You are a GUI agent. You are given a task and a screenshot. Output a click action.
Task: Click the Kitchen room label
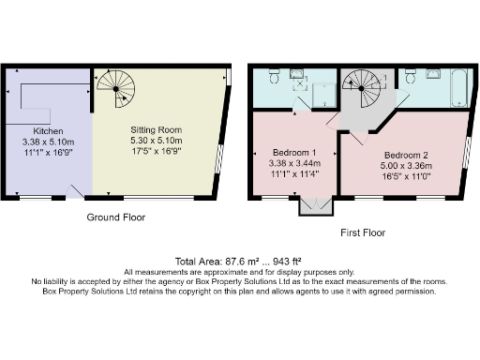coord(48,130)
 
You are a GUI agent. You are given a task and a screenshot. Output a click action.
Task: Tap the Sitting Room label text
coord(155,129)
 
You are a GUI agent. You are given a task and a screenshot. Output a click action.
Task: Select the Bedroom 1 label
coord(293,152)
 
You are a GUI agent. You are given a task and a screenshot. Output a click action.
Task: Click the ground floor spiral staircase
coord(114,90)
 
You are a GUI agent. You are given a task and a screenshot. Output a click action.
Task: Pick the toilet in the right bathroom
coord(410,82)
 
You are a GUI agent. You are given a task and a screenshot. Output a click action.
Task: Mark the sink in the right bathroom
coord(434,74)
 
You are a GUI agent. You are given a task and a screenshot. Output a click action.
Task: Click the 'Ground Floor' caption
coord(115,217)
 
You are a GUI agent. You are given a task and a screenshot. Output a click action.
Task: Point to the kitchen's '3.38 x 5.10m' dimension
coord(48,142)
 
